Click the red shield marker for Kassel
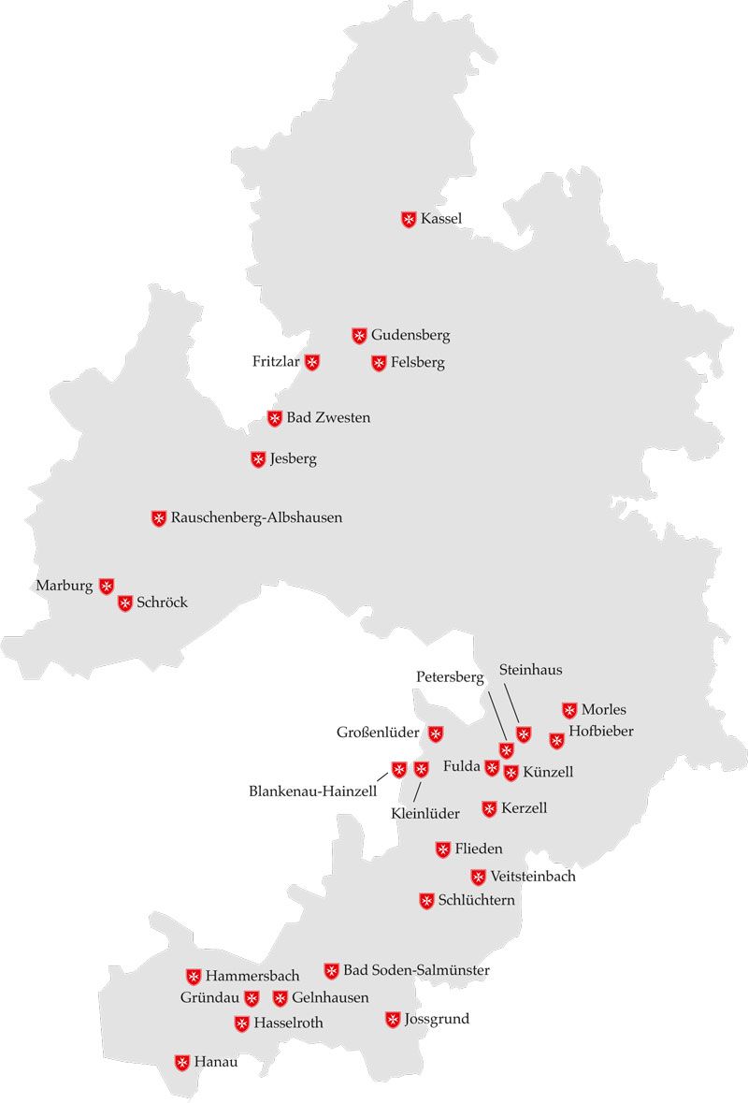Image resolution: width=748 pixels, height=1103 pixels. coord(409,220)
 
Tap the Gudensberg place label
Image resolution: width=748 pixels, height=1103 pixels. coord(410,335)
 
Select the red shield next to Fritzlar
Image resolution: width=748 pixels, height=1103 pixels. coord(312,362)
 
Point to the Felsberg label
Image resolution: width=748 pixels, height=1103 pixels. coord(418,362)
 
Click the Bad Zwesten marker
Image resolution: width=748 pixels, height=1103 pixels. coord(275,418)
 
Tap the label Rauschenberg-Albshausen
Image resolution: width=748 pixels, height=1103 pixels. coord(256,517)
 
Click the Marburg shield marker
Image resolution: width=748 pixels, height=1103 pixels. coord(107,587)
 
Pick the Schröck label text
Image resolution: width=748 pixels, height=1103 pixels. coord(162,602)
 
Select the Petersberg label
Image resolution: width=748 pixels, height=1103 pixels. coord(450,676)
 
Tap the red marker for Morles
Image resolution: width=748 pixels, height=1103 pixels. coord(569,710)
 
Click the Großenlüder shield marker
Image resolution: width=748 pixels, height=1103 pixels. coord(436,733)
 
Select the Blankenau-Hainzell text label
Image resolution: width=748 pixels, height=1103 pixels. coord(312,791)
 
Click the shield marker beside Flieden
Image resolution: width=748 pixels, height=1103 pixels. coord(443,849)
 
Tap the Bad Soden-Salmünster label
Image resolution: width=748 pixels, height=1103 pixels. coord(416,970)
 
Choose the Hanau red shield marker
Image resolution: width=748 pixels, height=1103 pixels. coord(182,1063)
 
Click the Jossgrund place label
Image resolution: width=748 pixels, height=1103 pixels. coord(437,1019)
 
